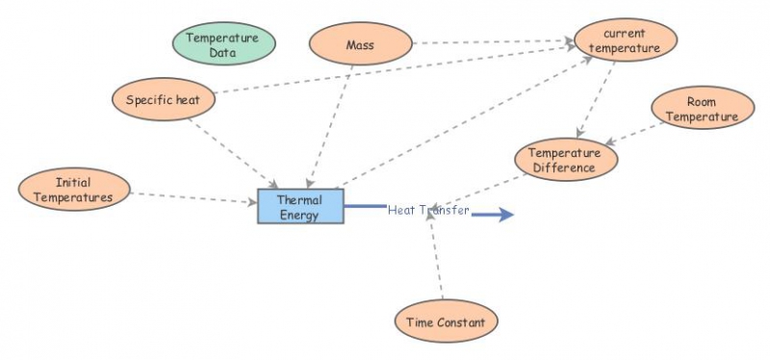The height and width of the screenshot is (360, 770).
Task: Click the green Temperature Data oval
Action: [x=223, y=44]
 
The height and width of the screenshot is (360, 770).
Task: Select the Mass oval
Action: [x=360, y=44]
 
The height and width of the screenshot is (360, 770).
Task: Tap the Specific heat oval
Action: [x=163, y=99]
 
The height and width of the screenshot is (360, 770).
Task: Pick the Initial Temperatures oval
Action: [x=73, y=189]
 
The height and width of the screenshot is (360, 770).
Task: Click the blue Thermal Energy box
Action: [x=300, y=206]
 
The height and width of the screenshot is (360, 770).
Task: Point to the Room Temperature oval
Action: [x=702, y=109]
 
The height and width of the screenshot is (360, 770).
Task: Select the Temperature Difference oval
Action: [x=565, y=160]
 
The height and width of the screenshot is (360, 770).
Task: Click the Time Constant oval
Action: [x=446, y=321]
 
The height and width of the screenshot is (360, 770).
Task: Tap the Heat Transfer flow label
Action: [x=428, y=211]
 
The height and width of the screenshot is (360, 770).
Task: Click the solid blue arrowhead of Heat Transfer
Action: [x=502, y=215]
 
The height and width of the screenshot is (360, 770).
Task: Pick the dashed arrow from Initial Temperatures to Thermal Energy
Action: [x=192, y=197]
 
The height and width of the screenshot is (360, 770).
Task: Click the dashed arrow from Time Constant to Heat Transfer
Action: [x=436, y=260]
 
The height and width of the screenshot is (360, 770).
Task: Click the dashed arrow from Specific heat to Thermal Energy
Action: [x=234, y=151]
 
